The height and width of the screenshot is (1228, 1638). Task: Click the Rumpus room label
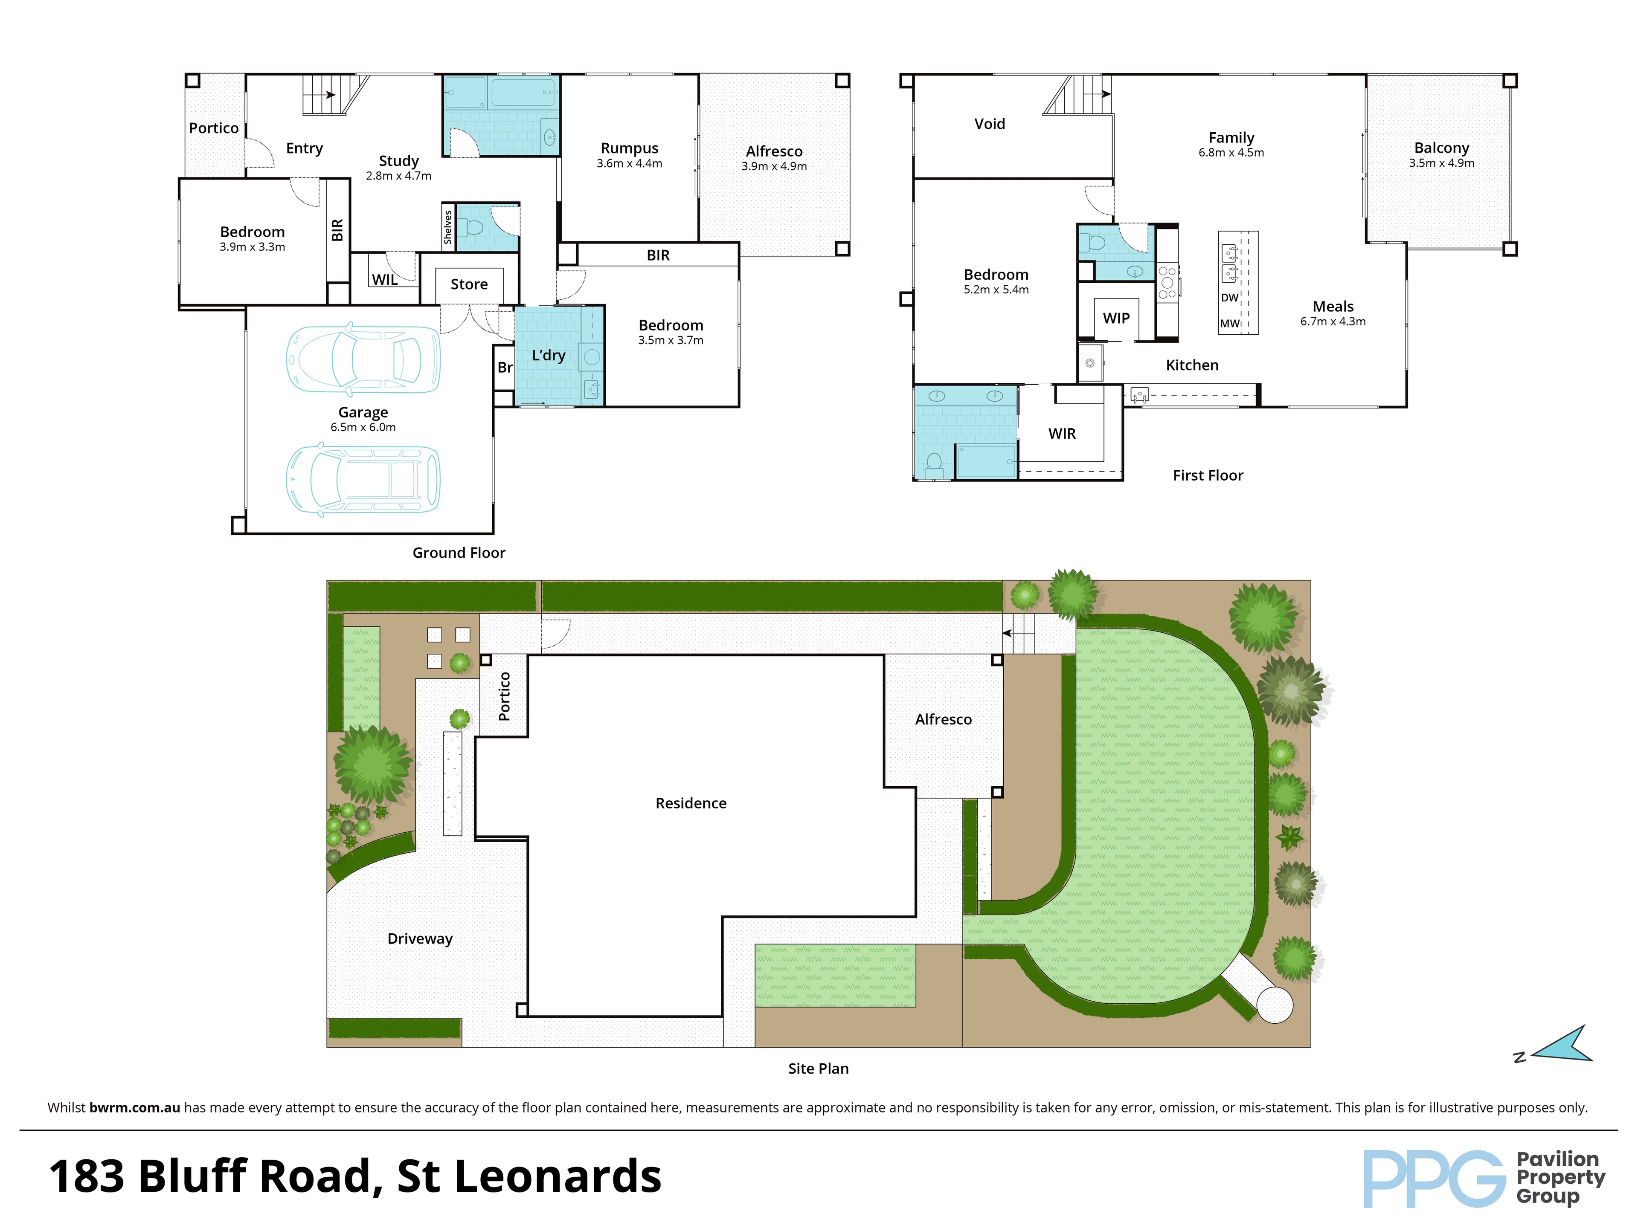coord(630,148)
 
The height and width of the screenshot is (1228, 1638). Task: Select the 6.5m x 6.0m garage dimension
coord(363,427)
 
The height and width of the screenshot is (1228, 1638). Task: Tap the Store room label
coord(469,284)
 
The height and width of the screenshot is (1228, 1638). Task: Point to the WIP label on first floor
coord(1116,318)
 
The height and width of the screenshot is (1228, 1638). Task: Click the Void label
coord(989,124)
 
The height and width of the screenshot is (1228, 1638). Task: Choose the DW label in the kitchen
coord(1229,298)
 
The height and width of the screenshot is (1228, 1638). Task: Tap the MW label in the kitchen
coord(1229,324)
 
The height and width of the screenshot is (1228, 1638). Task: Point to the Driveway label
coord(420,938)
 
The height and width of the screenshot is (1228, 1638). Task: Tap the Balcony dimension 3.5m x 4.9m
coord(1441,163)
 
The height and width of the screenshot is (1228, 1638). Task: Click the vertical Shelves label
coord(448,227)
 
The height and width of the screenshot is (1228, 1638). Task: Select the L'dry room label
coord(548,355)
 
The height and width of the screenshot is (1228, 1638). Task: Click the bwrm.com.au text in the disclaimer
coord(135,1107)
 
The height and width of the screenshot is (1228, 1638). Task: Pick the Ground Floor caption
coord(459,553)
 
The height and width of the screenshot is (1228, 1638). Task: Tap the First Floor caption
coord(1208,475)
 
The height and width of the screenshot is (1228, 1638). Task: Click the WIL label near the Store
coord(384,280)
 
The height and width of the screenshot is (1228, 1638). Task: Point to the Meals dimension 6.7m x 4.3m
coord(1333,321)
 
